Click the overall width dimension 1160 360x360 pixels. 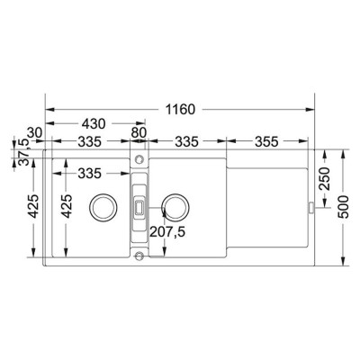[181, 110]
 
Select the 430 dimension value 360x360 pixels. [94, 123]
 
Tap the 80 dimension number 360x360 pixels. [139, 132]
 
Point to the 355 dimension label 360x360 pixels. [266, 141]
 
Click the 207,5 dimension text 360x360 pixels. [167, 231]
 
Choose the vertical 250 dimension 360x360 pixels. [324, 179]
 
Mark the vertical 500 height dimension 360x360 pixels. [343, 207]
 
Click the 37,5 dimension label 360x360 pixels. [23, 152]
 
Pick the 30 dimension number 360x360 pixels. [35, 132]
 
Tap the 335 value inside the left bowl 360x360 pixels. [90, 174]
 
